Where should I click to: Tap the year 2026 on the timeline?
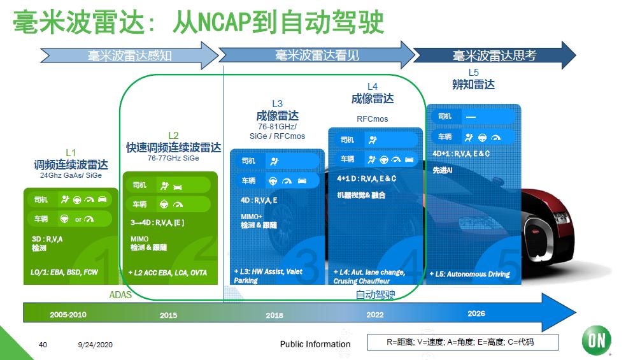(476, 313)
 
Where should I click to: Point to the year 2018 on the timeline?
(274, 315)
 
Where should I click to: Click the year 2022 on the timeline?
(375, 315)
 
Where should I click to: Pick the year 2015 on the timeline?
(169, 315)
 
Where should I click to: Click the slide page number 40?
(43, 345)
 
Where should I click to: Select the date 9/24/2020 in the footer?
(95, 345)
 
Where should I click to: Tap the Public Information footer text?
(315, 344)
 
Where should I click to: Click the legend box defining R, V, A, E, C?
(463, 342)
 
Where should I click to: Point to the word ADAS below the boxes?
(121, 294)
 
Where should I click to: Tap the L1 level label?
(71, 153)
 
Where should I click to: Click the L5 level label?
(473, 73)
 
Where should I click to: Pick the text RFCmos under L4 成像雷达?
(372, 119)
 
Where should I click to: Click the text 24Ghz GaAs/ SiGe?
(71, 175)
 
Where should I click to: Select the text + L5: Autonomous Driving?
(471, 274)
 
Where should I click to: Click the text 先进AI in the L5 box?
(441, 171)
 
